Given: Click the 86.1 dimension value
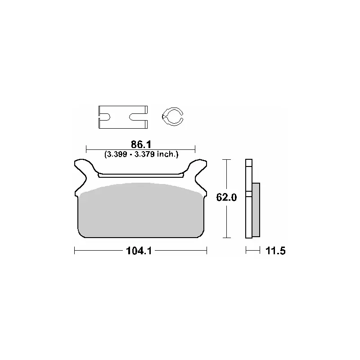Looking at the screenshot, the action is pyautogui.click(x=141, y=144).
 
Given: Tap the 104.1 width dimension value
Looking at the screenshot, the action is pyautogui.click(x=139, y=251).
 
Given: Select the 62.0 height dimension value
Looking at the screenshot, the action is pyautogui.click(x=226, y=198).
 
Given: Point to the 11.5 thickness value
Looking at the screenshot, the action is pyautogui.click(x=275, y=251).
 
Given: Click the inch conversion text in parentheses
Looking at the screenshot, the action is pyautogui.click(x=141, y=154).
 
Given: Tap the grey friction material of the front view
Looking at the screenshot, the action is pyautogui.click(x=141, y=210).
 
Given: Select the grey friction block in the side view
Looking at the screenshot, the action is pyautogui.click(x=256, y=210).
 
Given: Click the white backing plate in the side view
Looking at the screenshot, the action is pyautogui.click(x=249, y=198).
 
